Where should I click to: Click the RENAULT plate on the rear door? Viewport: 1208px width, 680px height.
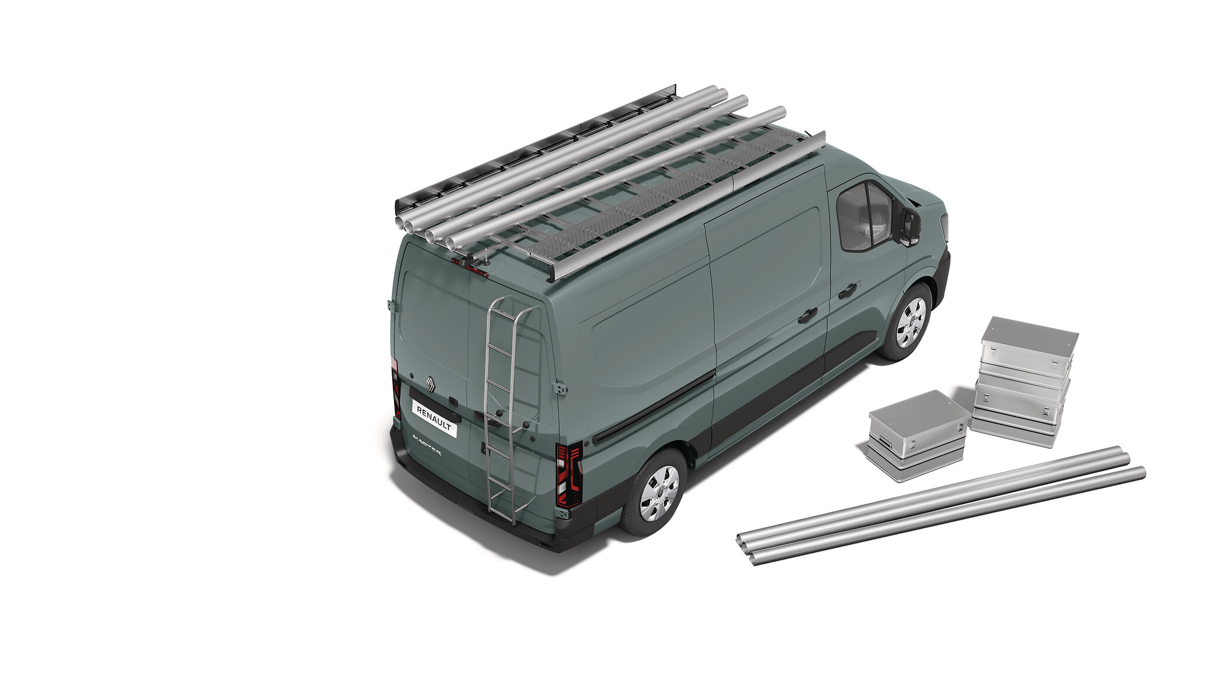(x=435, y=418)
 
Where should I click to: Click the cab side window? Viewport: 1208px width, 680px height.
(x=864, y=217)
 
